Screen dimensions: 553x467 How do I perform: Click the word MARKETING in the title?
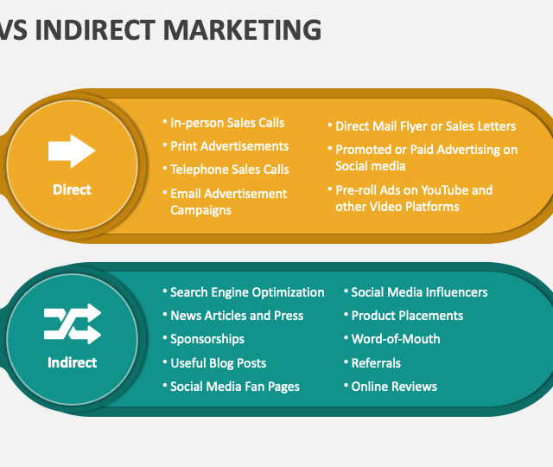[242, 30]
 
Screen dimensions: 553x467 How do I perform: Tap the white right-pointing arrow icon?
[72, 151]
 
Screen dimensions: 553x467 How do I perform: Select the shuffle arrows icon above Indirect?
[73, 323]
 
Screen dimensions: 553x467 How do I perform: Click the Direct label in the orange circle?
[72, 189]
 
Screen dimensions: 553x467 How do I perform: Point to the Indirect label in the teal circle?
[72, 362]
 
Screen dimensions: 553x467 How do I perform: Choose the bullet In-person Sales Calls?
[227, 123]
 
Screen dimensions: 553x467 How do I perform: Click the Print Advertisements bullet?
[229, 146]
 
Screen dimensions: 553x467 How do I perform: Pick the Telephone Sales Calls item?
[230, 170]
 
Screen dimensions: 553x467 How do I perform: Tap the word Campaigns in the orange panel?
[200, 210]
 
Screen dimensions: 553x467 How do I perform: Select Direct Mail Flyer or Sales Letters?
[425, 126]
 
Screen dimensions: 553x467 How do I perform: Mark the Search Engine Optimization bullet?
[247, 292]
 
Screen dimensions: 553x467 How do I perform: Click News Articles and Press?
[237, 316]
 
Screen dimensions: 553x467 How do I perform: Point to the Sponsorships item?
[207, 339]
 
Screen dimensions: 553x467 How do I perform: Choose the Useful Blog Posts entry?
[219, 363]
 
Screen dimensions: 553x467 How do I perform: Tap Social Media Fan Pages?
[235, 387]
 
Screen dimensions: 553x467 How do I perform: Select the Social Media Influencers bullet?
[419, 292]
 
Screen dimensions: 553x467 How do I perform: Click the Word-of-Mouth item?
[396, 339]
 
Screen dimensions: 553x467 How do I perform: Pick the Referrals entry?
[376, 363]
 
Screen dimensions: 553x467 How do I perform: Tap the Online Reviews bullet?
[394, 387]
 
